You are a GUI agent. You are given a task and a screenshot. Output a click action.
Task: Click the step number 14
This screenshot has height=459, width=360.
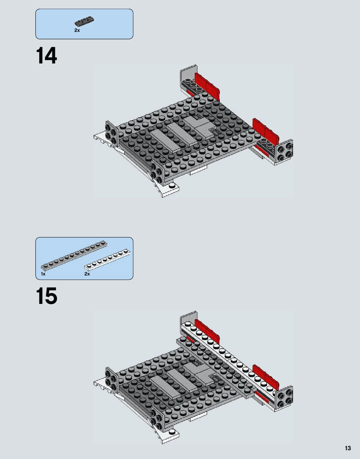click(47, 56)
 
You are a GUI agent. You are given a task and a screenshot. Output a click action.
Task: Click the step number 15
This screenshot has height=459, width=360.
click(47, 296)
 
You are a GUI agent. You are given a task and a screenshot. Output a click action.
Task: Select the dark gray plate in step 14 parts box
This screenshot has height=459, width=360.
click(84, 21)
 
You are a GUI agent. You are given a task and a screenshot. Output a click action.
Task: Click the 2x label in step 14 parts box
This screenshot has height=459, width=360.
click(77, 30)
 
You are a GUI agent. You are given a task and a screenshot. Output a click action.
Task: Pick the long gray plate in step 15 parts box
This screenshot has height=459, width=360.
click(74, 255)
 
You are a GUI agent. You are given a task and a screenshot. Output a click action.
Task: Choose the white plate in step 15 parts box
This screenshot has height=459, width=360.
click(107, 260)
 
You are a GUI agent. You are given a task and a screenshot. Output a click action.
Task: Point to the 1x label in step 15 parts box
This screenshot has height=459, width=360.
click(43, 274)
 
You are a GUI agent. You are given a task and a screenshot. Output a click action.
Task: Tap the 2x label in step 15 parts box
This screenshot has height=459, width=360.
click(87, 274)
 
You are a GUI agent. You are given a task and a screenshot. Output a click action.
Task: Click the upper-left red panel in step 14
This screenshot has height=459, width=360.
click(207, 86)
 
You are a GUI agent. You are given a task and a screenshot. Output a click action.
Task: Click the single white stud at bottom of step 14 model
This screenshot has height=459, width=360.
click(173, 186)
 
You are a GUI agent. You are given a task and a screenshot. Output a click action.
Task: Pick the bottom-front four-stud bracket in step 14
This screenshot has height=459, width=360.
click(157, 173)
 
